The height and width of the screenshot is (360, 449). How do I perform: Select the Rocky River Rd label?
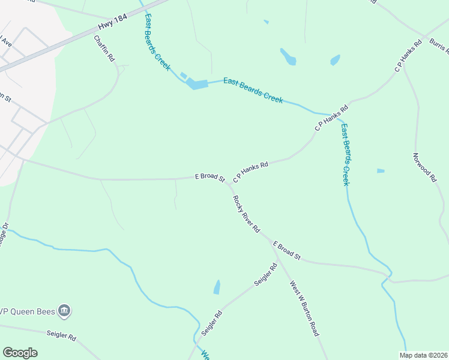[246, 214]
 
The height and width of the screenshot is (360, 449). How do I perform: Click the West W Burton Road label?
[304, 308]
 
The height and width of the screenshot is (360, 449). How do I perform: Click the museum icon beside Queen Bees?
[65, 311]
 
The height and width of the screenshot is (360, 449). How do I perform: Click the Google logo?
[20, 353]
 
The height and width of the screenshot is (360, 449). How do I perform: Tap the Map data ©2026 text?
[423, 355]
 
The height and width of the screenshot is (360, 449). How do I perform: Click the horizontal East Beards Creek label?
[253, 90]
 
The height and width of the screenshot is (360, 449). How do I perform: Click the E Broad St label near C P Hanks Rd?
[209, 178]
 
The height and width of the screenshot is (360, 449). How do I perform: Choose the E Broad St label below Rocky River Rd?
[286, 250]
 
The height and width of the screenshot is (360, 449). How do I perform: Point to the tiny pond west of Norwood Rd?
[381, 171]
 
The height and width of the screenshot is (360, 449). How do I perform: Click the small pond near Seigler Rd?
[217, 287]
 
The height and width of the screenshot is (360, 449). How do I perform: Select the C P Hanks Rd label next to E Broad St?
[250, 171]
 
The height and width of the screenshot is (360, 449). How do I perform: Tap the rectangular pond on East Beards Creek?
[197, 84]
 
